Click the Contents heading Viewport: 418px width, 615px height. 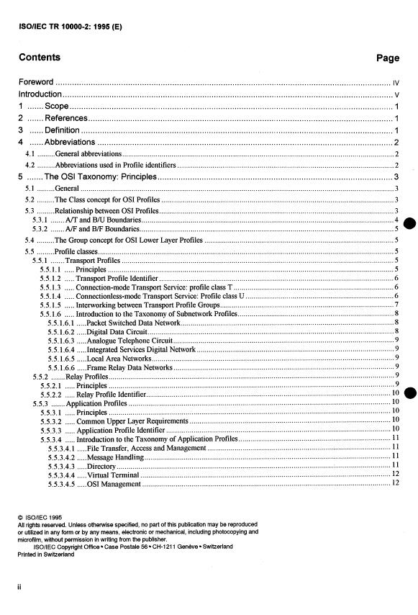pos(40,58)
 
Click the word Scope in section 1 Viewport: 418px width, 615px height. pos(57,107)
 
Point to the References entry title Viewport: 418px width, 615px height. pos(66,118)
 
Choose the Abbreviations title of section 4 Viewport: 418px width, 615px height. pos(70,142)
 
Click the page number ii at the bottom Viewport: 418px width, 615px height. pos(20,586)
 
